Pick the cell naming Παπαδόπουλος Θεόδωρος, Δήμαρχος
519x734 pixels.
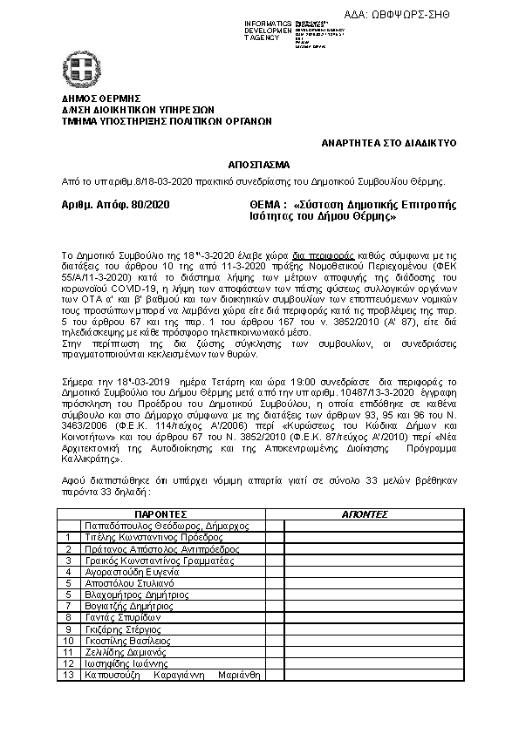166,527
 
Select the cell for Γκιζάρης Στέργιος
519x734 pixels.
122,629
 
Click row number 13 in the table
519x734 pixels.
67,674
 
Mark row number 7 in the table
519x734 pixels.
67,606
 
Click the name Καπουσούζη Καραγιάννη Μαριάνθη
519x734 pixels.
172,674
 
